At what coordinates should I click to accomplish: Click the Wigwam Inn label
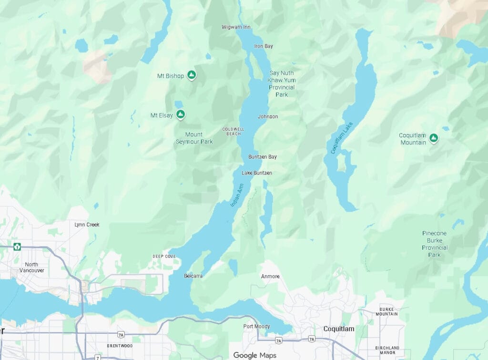236,27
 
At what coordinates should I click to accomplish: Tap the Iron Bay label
264,46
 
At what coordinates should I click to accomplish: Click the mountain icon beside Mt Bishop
192,75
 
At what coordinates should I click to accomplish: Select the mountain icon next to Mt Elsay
181,114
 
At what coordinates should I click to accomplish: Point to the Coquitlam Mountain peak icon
433,138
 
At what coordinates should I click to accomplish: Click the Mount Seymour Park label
194,138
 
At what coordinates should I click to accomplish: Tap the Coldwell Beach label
233,131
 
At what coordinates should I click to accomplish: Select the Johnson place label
267,116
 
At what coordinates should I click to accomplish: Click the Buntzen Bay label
262,157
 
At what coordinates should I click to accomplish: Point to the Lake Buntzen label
256,173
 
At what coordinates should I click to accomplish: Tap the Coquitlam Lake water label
342,138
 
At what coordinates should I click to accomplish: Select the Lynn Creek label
87,225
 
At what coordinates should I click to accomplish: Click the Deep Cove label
164,257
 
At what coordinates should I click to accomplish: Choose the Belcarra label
193,276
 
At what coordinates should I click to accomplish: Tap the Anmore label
270,277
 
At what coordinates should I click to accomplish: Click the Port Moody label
256,327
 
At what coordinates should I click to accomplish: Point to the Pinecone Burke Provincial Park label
434,244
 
